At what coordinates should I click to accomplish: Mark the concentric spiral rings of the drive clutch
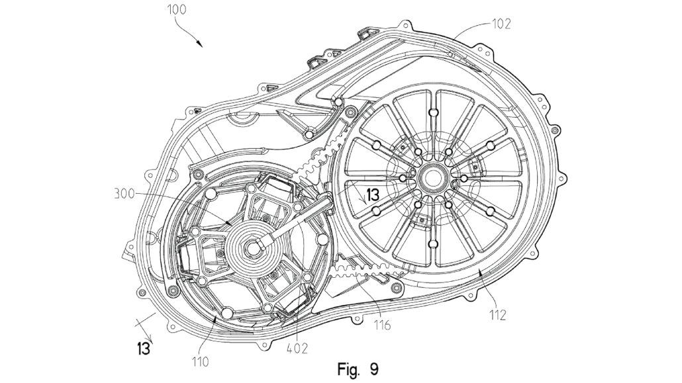pyautogui.click(x=245, y=255)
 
